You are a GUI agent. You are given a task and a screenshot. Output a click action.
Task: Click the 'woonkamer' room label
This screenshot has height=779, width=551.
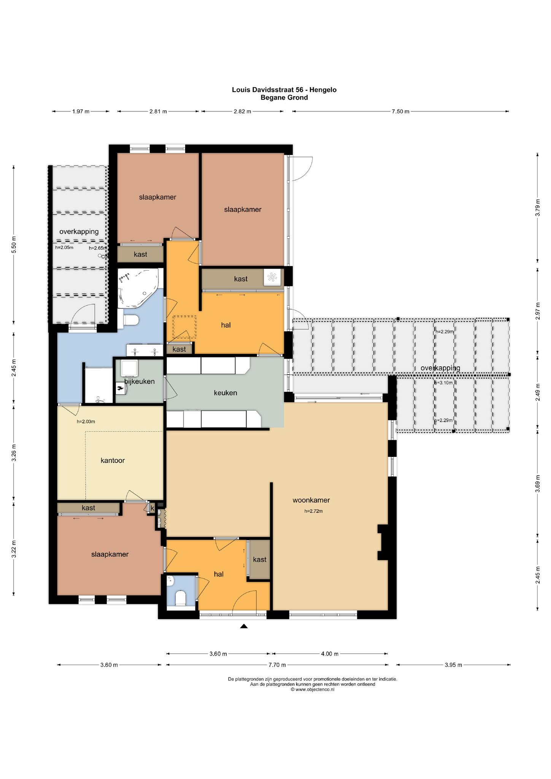tap(311, 500)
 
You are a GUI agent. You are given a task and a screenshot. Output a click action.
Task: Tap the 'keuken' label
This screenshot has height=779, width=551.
tap(225, 393)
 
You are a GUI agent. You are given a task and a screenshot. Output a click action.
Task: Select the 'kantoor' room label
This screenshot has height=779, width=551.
tap(113, 460)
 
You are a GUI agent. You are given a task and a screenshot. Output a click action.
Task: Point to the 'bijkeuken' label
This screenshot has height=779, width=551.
tap(140, 382)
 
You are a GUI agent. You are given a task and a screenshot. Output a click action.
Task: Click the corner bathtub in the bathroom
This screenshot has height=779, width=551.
tap(137, 288)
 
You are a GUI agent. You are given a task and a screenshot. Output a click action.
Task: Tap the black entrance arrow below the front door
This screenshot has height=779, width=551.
tap(244, 626)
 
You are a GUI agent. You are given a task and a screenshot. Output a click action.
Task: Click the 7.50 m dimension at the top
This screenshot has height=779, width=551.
tap(400, 111)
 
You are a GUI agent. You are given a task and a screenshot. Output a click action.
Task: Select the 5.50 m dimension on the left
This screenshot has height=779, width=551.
tap(14, 244)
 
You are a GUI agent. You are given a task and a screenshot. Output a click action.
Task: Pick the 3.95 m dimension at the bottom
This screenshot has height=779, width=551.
tap(453, 665)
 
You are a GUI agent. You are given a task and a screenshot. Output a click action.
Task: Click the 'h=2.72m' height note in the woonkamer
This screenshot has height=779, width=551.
tap(313, 511)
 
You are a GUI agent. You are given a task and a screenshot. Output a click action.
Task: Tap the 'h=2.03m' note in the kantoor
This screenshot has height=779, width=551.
tap(86, 421)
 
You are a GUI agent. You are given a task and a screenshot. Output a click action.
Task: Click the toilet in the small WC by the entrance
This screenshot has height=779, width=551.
tap(180, 598)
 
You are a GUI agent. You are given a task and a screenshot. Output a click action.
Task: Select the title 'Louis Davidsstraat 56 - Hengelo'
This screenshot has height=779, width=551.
tap(284, 90)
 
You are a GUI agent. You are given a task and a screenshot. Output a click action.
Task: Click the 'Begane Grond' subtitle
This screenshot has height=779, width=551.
tap(284, 97)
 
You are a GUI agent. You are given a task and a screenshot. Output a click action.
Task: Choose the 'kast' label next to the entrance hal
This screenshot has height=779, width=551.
tap(260, 560)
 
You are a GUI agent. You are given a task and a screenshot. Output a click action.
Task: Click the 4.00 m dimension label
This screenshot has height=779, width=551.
tap(329, 654)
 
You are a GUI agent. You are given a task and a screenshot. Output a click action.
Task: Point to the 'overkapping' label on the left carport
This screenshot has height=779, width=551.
tap(79, 232)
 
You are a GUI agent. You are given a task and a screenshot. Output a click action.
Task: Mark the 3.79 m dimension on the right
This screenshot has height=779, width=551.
tap(537, 208)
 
